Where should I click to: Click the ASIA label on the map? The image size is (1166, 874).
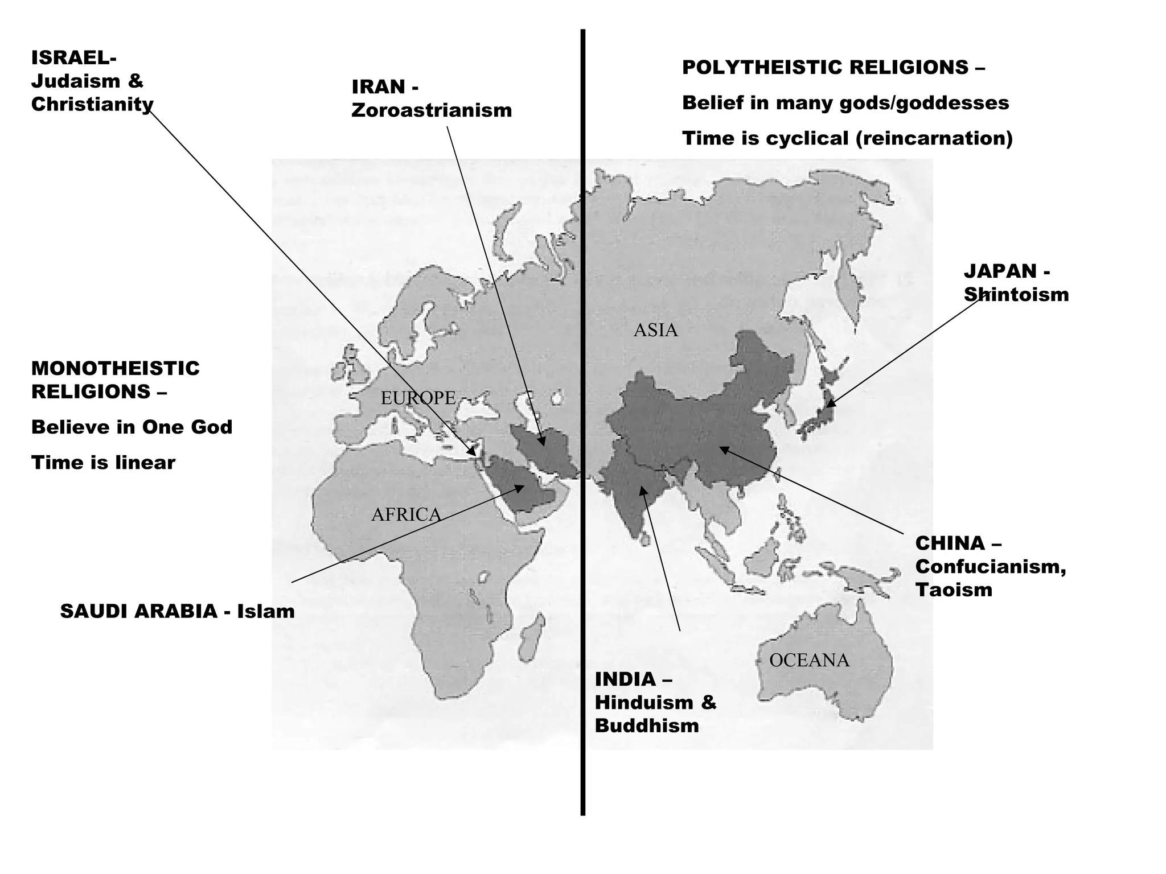pyautogui.click(x=655, y=330)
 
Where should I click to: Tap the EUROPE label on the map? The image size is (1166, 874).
pyautogui.click(x=418, y=398)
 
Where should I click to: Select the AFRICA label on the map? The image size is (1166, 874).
pyautogui.click(x=406, y=514)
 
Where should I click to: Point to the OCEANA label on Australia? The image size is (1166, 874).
pyautogui.click(x=809, y=660)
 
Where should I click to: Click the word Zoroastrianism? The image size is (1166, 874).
pyautogui.click(x=432, y=110)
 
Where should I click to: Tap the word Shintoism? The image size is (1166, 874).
pyautogui.click(x=1016, y=295)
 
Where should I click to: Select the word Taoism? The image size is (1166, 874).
pyautogui.click(x=954, y=590)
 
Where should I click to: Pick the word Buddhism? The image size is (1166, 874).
pyautogui.click(x=647, y=726)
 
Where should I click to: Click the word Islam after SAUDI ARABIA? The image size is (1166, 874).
pyautogui.click(x=266, y=612)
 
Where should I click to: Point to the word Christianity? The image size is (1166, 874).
pyautogui.click(x=92, y=105)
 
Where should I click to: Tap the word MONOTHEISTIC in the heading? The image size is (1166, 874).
pyautogui.click(x=116, y=369)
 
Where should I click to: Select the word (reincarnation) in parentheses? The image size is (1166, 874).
pyautogui.click(x=934, y=138)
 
